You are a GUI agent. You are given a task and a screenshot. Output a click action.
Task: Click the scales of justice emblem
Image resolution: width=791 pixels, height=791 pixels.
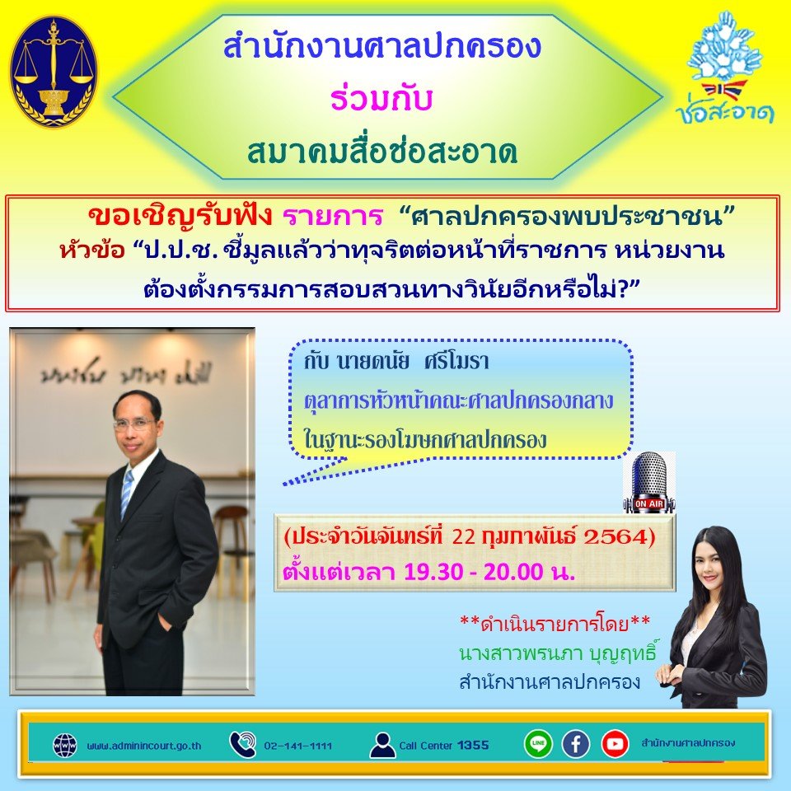pos(54,72)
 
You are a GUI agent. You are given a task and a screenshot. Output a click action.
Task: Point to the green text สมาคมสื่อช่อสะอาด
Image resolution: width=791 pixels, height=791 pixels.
pos(382,152)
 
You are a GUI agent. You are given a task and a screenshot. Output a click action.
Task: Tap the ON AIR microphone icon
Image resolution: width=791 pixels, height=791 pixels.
pos(648,481)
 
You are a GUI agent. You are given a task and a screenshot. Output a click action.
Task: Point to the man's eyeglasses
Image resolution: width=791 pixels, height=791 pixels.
pos(134,424)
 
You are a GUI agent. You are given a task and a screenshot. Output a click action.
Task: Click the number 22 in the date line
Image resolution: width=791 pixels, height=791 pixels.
pos(466,537)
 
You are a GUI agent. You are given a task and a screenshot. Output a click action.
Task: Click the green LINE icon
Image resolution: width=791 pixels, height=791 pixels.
pos(538,744)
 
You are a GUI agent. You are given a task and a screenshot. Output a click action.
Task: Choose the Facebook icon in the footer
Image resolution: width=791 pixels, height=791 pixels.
pos(576,744)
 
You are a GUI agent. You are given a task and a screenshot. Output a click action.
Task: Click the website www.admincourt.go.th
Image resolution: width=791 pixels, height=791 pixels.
pos(144,747)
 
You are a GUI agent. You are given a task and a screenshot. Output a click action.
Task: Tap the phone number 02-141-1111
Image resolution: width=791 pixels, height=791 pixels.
pos(298,747)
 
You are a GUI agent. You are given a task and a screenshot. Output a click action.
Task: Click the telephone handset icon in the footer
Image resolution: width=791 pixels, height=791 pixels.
pos(243,745)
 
